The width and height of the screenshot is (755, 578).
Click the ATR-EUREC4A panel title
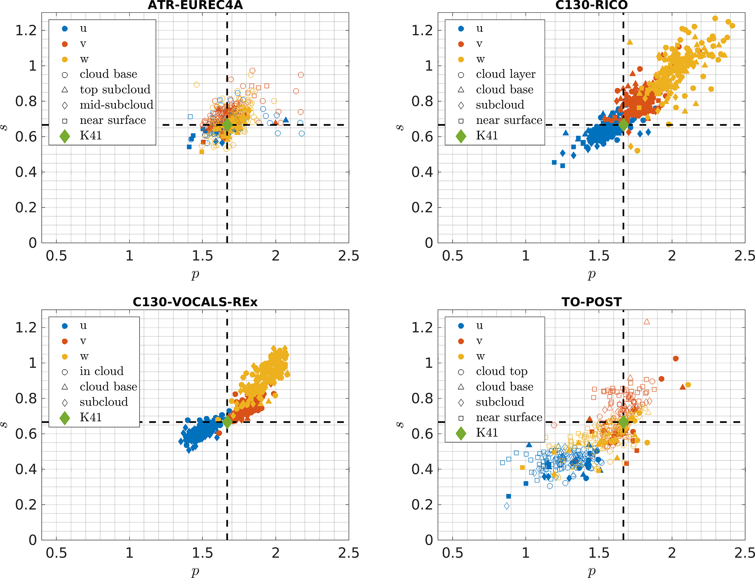195,5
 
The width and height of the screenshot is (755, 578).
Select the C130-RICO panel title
591,5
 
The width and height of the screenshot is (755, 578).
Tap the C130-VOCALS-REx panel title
195,302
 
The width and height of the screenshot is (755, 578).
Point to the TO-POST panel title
591,302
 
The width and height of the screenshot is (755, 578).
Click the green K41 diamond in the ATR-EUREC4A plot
227,125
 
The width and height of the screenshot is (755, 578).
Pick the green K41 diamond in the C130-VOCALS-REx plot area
227,422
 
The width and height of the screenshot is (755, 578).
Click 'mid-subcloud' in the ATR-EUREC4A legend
117,105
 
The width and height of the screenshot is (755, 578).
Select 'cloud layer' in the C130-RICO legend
506,74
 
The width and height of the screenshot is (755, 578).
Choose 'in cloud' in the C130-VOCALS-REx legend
102,371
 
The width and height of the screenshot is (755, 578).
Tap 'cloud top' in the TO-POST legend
502,371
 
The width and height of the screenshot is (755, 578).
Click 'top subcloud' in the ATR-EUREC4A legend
115,90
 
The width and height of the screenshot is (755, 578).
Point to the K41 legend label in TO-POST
487,433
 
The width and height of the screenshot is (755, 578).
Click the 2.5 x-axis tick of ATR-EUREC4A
348,256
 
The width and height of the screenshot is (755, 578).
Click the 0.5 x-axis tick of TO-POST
453,553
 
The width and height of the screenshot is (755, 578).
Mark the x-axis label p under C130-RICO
591,274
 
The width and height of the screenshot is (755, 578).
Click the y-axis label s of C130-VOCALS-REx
4,425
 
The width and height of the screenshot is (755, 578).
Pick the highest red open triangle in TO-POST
647,322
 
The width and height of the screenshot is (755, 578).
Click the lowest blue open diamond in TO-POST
507,506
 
